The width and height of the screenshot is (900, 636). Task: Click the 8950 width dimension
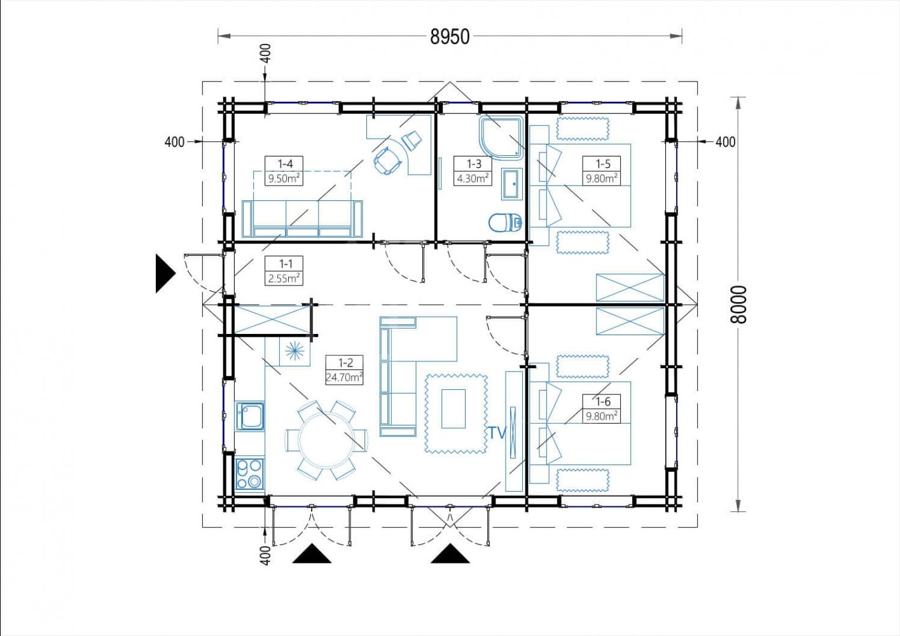450,36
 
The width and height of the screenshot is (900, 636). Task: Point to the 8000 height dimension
738,304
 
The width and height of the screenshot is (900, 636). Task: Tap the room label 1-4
285,163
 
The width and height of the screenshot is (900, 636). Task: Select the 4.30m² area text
474,177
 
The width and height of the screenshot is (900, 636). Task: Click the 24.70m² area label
344,377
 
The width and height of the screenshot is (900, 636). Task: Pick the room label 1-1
286,263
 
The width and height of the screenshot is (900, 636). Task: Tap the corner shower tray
501,137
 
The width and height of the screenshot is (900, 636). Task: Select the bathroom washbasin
512,184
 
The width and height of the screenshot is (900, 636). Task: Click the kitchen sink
249,416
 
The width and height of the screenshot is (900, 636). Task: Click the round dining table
326,440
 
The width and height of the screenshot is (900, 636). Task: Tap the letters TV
497,432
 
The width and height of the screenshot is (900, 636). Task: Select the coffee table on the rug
453,408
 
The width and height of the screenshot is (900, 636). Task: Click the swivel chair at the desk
387,160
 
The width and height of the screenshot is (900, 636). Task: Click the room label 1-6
603,401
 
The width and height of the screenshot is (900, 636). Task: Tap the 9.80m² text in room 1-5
602,178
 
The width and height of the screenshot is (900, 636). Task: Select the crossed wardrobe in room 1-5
630,287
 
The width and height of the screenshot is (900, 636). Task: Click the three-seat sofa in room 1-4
302,219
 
